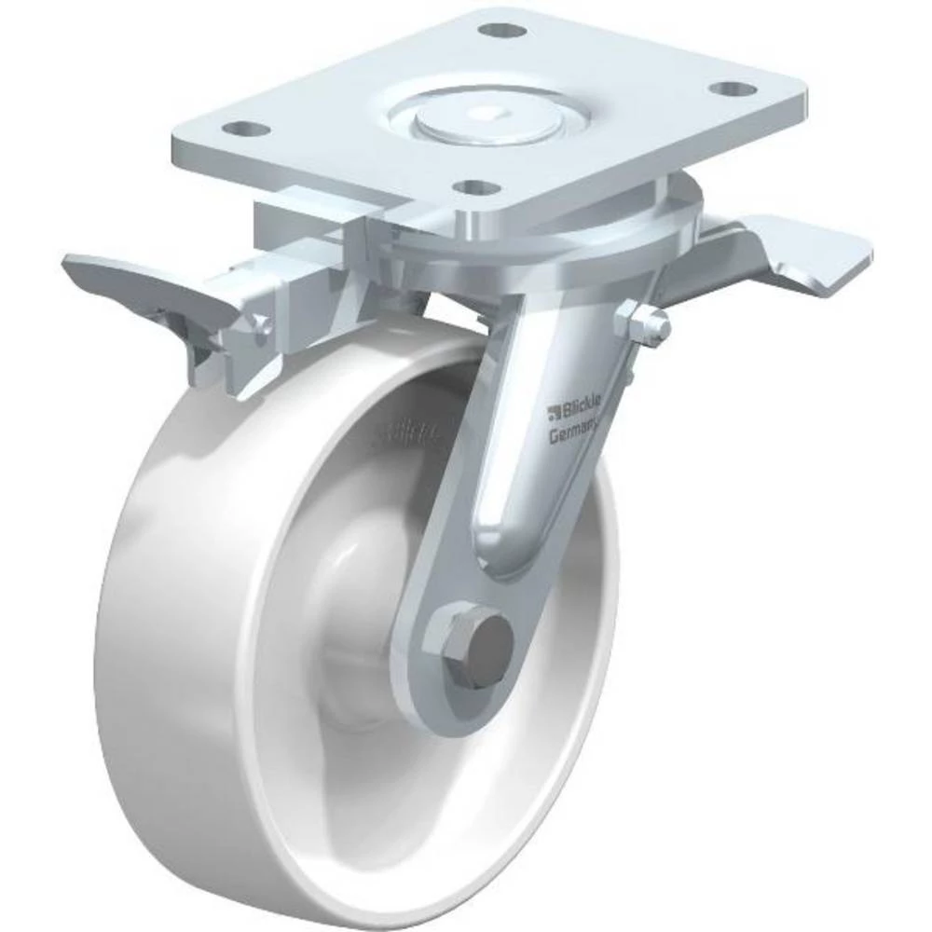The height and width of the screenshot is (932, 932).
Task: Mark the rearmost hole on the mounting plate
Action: pyautogui.click(x=500, y=30)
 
